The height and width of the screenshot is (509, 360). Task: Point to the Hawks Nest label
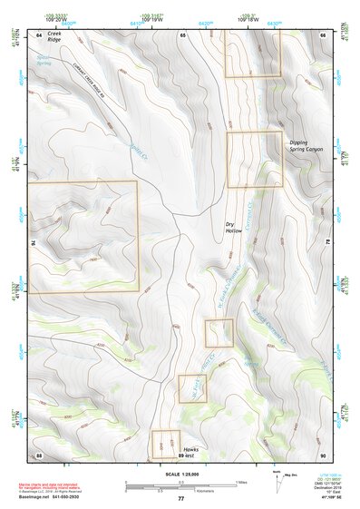pyautogui.click(x=190, y=453)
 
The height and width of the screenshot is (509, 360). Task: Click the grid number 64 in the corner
pyautogui.click(x=39, y=34)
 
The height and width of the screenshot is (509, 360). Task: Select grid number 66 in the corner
pyautogui.click(x=322, y=34)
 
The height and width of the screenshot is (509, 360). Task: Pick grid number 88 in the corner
pyautogui.click(x=39, y=455)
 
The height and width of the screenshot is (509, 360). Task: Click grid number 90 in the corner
pyautogui.click(x=322, y=455)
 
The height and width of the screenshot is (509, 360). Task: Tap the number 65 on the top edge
pyautogui.click(x=182, y=34)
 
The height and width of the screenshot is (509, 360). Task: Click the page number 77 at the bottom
pyautogui.click(x=180, y=499)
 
